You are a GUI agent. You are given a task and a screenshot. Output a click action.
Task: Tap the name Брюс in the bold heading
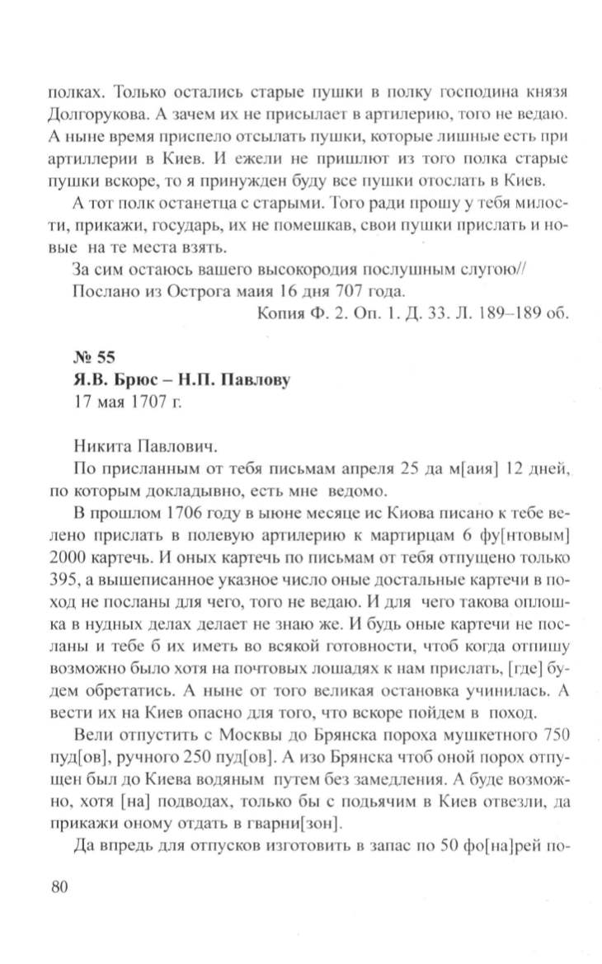pyautogui.click(x=129, y=381)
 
